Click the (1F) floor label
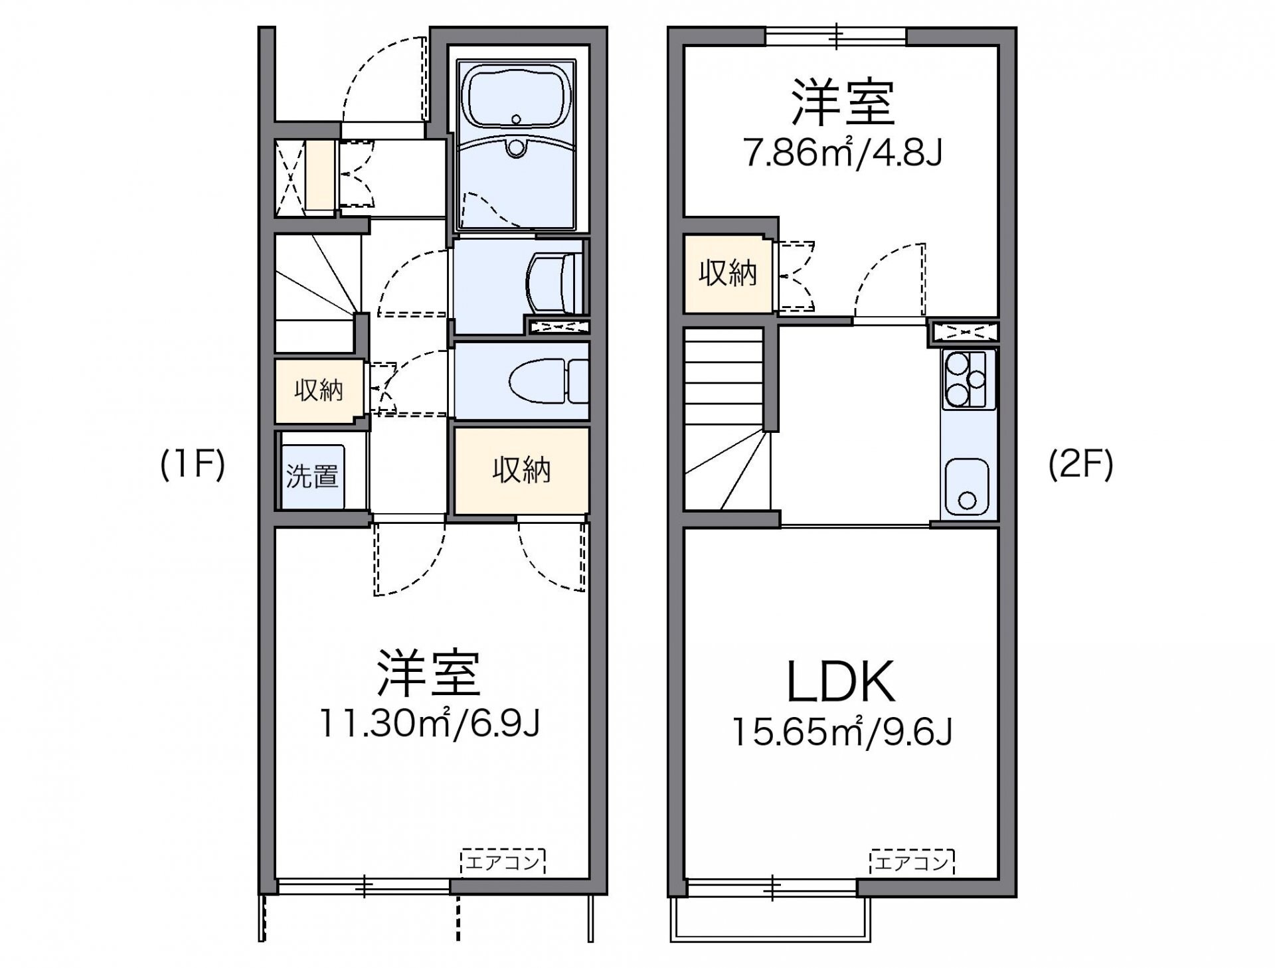(x=193, y=465)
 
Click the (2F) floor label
(x=1080, y=465)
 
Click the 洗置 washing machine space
(x=312, y=476)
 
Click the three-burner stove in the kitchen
(x=968, y=379)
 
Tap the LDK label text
(x=841, y=683)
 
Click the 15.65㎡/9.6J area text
(x=842, y=733)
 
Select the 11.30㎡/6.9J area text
(x=429, y=724)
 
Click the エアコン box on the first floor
(x=503, y=862)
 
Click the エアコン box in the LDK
(x=912, y=862)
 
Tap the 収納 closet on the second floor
(x=728, y=274)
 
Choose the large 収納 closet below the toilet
(x=521, y=470)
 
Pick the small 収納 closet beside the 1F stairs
(x=319, y=390)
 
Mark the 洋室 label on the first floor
(x=428, y=672)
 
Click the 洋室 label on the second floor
(x=842, y=103)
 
